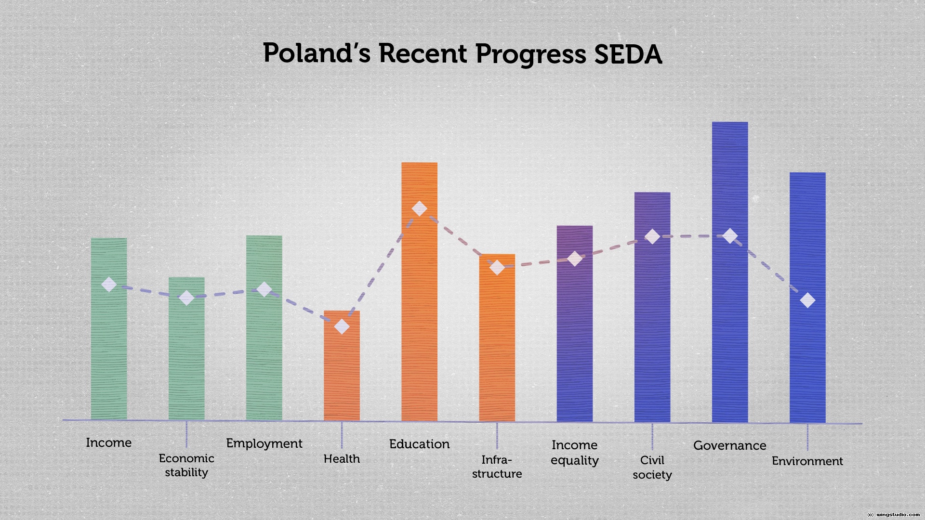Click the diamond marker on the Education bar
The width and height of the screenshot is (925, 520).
pos(419,208)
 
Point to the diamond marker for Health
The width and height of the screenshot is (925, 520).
pos(342,326)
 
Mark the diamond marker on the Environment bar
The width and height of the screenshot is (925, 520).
pos(807,300)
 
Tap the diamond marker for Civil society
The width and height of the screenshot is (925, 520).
pos(652,236)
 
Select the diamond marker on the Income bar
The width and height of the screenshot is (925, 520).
pos(109,285)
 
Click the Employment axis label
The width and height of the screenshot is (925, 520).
pos(264,443)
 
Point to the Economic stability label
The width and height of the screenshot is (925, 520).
pos(186,465)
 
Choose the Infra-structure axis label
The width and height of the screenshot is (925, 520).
pos(497,467)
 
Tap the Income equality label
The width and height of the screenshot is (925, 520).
pos(574,453)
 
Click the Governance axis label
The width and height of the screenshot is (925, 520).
pos(729,445)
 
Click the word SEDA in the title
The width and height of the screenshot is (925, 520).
pos(628,54)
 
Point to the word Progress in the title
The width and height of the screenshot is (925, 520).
pos(530,54)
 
